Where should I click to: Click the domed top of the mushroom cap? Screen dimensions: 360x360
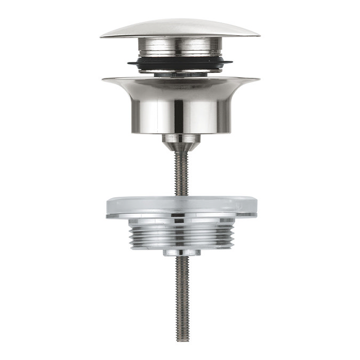click(x=180, y=27)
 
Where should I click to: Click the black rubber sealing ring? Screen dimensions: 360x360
click(x=180, y=65)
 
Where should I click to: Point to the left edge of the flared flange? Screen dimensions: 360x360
click(x=103, y=80)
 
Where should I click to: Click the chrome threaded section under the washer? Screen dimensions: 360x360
click(x=180, y=235)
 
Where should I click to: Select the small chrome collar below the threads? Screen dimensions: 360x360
click(x=180, y=253)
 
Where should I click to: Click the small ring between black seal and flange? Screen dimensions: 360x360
click(x=180, y=74)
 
